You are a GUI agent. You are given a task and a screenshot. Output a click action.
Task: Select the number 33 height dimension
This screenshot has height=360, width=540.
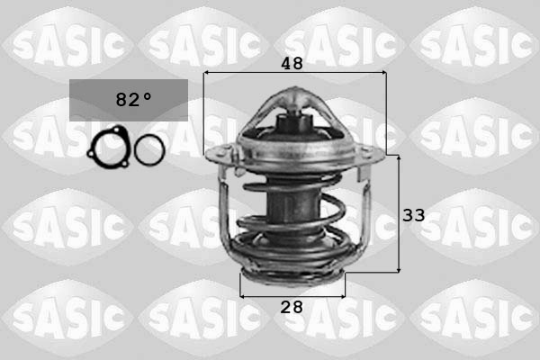click(413, 215)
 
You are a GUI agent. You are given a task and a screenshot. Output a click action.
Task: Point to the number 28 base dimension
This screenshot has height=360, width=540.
click(291, 307)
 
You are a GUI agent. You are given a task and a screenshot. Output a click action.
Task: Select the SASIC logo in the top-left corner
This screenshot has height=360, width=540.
click(67, 40)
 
